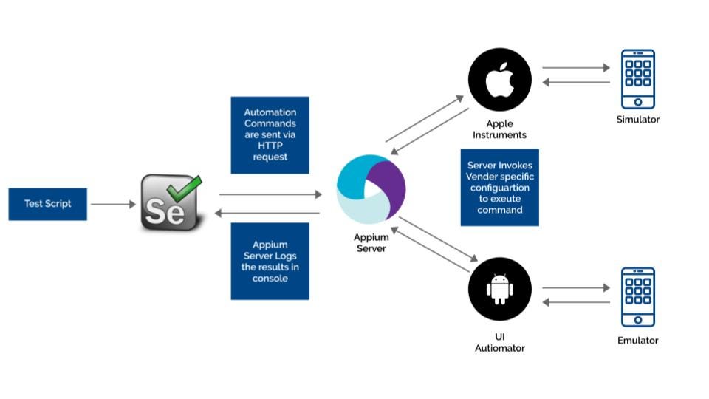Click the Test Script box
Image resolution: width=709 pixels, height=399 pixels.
[x=47, y=204]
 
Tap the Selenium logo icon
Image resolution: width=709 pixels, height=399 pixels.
[x=171, y=202]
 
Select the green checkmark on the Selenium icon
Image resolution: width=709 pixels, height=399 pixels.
[x=185, y=188]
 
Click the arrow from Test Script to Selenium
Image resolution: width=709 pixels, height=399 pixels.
[x=113, y=204]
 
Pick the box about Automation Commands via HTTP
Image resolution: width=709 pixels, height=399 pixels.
[x=270, y=134]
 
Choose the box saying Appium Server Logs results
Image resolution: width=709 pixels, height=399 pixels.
[x=270, y=261]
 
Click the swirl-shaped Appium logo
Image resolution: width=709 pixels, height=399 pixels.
[x=371, y=189]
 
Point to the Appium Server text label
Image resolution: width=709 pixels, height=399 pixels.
[x=371, y=243]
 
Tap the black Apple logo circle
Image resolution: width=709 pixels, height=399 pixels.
[x=500, y=80]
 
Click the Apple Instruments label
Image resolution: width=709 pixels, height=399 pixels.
[x=500, y=129]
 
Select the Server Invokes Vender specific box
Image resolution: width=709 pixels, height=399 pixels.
[x=500, y=187]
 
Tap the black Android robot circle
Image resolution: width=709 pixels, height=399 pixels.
[x=500, y=289]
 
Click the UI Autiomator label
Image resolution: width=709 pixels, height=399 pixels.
[x=500, y=342]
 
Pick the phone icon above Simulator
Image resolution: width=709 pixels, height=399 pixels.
[x=638, y=79]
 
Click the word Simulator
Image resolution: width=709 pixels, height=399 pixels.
[x=638, y=120]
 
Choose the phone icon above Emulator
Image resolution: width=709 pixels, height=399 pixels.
[x=638, y=297]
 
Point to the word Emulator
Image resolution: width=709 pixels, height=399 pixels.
[x=638, y=340]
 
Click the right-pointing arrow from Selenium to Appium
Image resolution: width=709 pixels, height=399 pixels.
[x=270, y=194]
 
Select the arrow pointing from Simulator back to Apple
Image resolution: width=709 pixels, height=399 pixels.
[x=576, y=82]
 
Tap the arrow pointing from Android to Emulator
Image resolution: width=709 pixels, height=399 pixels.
[x=576, y=287]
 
